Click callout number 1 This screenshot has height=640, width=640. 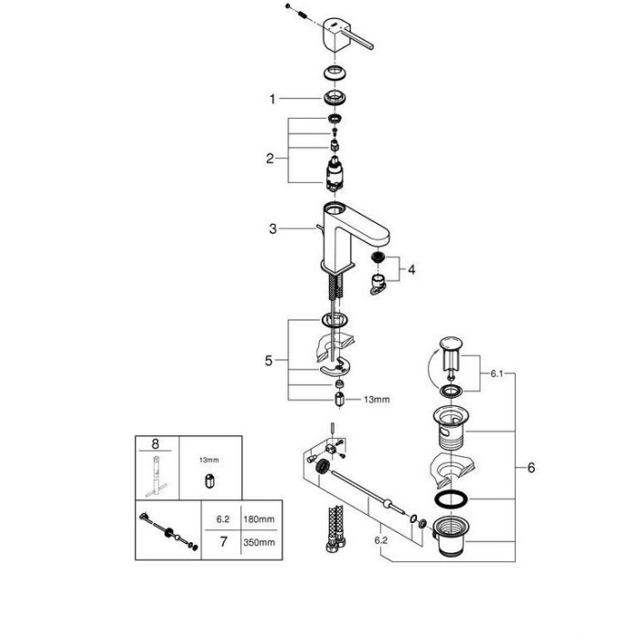[x=272, y=99]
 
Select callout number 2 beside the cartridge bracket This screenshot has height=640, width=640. [x=270, y=158]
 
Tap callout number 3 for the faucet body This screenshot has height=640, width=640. [x=272, y=229]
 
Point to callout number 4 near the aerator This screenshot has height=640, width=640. [x=411, y=270]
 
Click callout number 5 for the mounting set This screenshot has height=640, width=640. [x=268, y=360]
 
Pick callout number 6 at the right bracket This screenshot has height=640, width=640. [x=531, y=467]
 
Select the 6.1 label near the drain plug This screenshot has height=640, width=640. [x=496, y=374]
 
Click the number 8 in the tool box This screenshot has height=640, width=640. [x=155, y=443]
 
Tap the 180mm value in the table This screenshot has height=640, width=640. [x=259, y=519]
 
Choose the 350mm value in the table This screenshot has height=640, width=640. [x=259, y=542]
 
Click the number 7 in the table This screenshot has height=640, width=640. [x=223, y=541]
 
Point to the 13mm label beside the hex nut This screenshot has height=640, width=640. [x=377, y=400]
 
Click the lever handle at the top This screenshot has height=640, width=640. [x=347, y=36]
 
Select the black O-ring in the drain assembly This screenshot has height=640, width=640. [x=451, y=499]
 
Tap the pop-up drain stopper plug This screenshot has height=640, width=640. [x=451, y=355]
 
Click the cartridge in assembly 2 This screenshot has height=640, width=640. [x=335, y=174]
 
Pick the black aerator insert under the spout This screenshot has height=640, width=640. [x=378, y=257]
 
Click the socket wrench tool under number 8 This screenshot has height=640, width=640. [x=156, y=476]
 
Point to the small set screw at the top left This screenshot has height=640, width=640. [x=288, y=5]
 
